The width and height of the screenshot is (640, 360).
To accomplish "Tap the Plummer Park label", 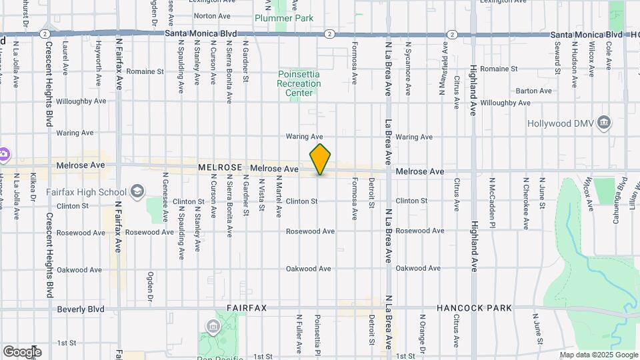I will [285, 18].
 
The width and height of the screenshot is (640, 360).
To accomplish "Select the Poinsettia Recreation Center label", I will [299, 83].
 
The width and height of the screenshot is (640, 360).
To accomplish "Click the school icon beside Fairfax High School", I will [137, 192].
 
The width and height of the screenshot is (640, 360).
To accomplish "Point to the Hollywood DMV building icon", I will [604, 122].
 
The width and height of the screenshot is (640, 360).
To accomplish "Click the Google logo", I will [21, 352].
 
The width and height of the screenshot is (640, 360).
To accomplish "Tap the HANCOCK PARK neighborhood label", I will [474, 308].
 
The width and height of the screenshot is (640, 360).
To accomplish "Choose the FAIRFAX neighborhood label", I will [247, 308].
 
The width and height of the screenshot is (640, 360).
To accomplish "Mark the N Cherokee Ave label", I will [525, 194].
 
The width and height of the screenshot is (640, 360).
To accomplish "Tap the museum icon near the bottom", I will [213, 327].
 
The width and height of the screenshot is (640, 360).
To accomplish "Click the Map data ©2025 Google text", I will [599, 355].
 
